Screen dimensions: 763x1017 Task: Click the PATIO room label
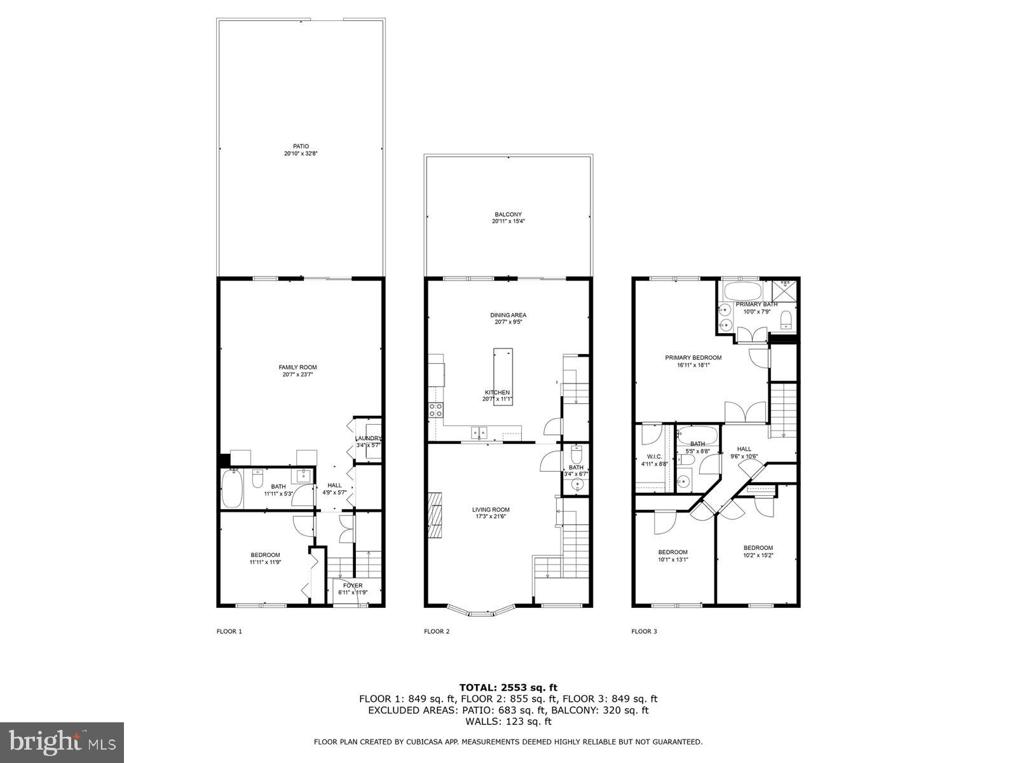click(301, 146)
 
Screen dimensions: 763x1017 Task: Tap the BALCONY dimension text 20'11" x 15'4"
click(508, 222)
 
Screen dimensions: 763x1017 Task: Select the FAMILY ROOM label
click(297, 367)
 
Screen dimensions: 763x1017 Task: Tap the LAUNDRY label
click(368, 438)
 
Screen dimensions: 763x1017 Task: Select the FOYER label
click(353, 586)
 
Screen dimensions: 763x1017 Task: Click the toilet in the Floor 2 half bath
click(577, 456)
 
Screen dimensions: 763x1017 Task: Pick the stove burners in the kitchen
click(436, 410)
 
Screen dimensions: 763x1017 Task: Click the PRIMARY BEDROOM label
click(693, 357)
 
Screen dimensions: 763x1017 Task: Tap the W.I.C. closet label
click(654, 456)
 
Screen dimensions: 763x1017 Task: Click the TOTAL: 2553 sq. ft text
click(508, 687)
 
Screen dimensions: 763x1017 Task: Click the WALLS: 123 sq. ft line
click(508, 722)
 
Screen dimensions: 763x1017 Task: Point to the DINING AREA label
click(508, 315)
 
